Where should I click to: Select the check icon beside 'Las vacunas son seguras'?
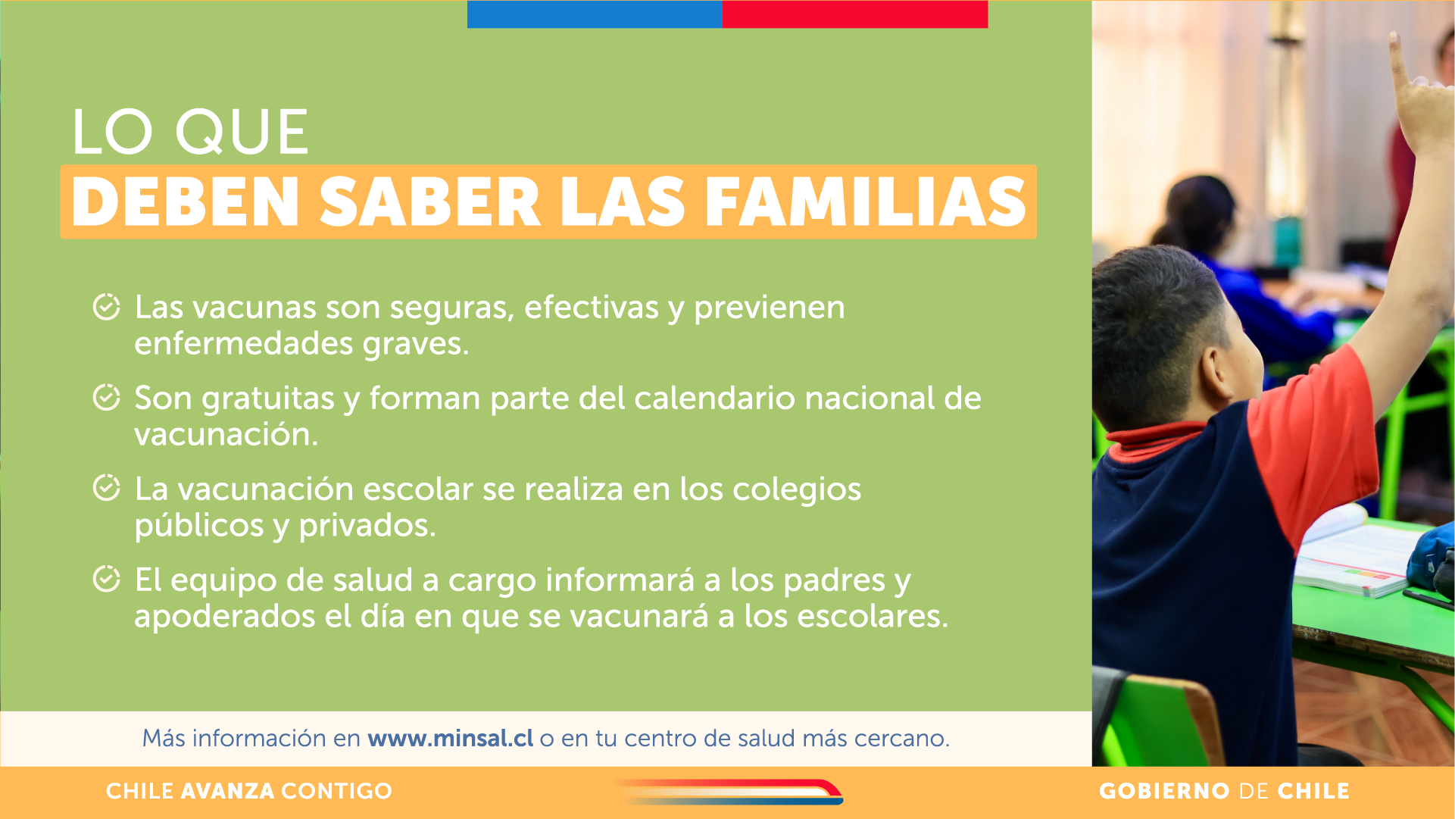point(106,307)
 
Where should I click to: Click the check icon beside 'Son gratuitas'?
point(106,397)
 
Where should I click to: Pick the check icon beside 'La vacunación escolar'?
point(106,488)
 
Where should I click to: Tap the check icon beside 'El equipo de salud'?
point(106,579)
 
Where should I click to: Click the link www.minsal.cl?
point(451,738)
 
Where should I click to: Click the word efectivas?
point(592,307)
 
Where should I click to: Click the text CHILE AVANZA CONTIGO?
point(249,791)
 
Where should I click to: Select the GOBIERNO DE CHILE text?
point(1224,791)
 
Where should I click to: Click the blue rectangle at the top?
point(595,14)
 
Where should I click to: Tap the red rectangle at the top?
point(855,14)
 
